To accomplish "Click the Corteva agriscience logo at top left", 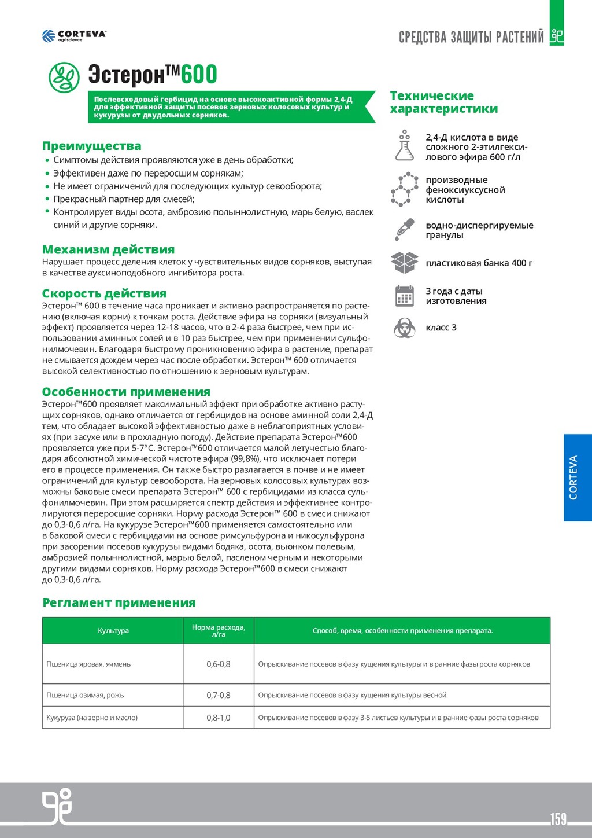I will (74, 35).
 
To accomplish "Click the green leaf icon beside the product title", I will (64, 77).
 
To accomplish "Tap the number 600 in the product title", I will (199, 75).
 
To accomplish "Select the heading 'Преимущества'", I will (91, 146).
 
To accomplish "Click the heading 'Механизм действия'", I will (108, 249).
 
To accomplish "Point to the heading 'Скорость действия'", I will (104, 293).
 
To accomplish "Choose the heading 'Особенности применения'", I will (126, 392).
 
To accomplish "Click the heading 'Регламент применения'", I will (119, 602).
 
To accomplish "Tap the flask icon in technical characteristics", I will (404, 146).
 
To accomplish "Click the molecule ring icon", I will (404, 189).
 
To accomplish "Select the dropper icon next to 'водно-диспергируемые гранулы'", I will (404, 229).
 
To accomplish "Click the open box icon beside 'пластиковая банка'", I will (404, 262).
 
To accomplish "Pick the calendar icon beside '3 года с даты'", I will (404, 296).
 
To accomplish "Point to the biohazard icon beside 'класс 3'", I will (404, 328).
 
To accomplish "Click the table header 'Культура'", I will (113, 630).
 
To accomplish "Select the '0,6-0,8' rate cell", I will (219, 664).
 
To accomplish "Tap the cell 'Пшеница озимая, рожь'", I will (85, 695).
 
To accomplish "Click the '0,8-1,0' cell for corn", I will (219, 718).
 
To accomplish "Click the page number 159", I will (558, 819).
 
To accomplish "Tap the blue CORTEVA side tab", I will (578, 477).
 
